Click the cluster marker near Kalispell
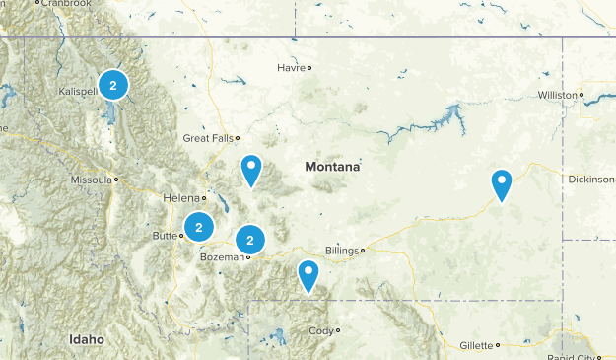point(113,86)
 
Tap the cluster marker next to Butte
point(199,227)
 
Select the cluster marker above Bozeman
point(251,239)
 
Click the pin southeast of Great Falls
point(252,170)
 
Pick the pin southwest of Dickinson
point(503,183)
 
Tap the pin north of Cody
point(309,274)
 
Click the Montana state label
point(332,167)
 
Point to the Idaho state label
point(87,339)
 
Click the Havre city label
point(291,68)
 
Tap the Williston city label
point(558,96)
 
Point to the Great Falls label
point(207,139)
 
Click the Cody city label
point(321,330)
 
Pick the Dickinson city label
point(590,180)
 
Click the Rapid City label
point(576,356)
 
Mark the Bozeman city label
point(221,257)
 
